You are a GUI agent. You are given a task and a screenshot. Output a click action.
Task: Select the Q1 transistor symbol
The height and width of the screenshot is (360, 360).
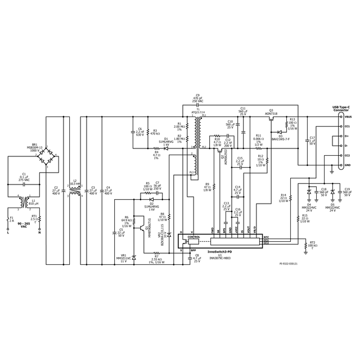134,227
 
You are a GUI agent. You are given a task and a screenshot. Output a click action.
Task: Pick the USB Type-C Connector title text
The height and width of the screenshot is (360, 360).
341,108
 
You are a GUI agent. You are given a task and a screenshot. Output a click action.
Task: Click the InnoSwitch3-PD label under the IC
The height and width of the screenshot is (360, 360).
219,252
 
